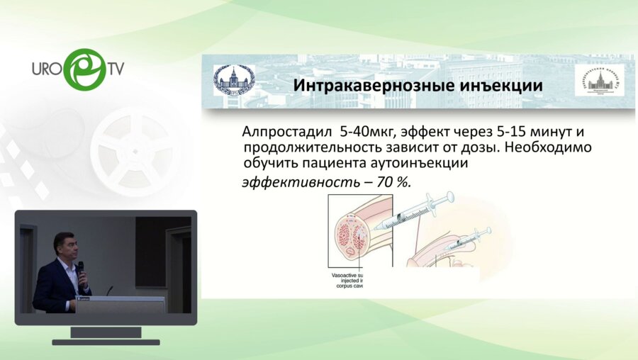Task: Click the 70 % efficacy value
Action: (394, 182)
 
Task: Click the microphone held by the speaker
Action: (80, 268)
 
